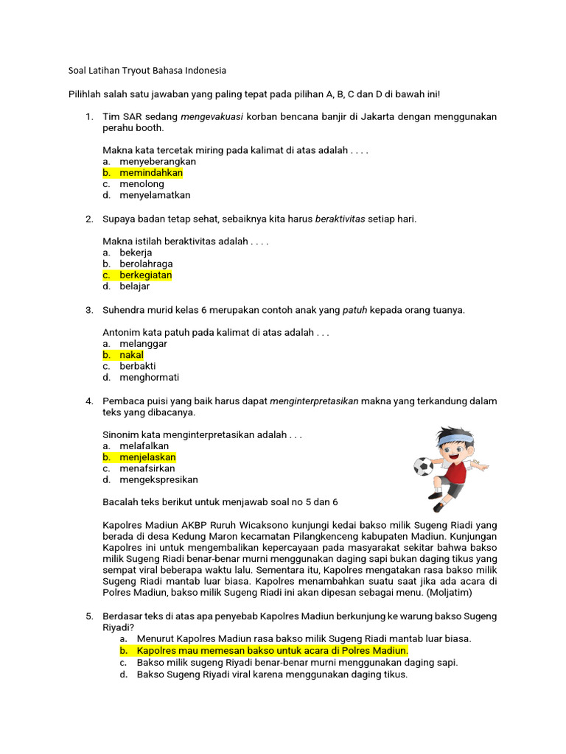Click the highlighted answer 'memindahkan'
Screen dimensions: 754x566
pyautogui.click(x=151, y=173)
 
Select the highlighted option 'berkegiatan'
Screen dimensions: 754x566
pyautogui.click(x=146, y=275)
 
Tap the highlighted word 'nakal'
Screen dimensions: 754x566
pyautogui.click(x=132, y=355)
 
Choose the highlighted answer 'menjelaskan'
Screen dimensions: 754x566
pyautogui.click(x=148, y=457)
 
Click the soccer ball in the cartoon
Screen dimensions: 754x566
pyautogui.click(x=423, y=466)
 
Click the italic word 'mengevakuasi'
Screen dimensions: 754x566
pyautogui.click(x=212, y=117)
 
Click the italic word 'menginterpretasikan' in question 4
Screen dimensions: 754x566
pyautogui.click(x=315, y=401)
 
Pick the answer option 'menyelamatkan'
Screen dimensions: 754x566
pyautogui.click(x=155, y=195)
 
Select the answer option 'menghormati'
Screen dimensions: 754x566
pyautogui.click(x=150, y=378)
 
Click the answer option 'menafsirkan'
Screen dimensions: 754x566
pyautogui.click(x=148, y=468)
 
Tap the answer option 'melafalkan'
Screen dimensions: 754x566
pyautogui.click(x=144, y=446)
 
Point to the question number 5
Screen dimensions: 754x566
pyautogui.click(x=89, y=616)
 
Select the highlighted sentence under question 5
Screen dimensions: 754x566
pyautogui.click(x=272, y=651)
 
